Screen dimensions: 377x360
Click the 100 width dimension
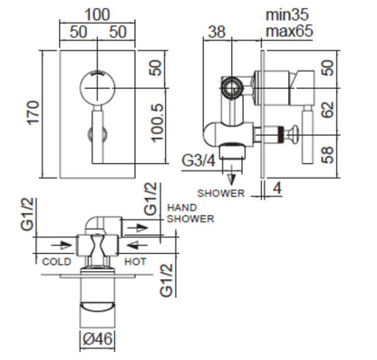click(x=97, y=15)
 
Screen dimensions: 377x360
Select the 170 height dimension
click(x=34, y=112)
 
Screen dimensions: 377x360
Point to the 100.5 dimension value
click(x=158, y=122)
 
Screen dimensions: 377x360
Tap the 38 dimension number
click(x=217, y=32)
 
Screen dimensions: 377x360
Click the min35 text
click(x=287, y=15)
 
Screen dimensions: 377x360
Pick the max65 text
click(x=289, y=31)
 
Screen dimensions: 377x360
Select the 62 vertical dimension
click(x=328, y=110)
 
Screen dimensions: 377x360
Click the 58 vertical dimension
click(x=328, y=155)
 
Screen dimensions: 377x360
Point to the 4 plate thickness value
click(x=277, y=189)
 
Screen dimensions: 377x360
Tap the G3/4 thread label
click(x=198, y=161)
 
